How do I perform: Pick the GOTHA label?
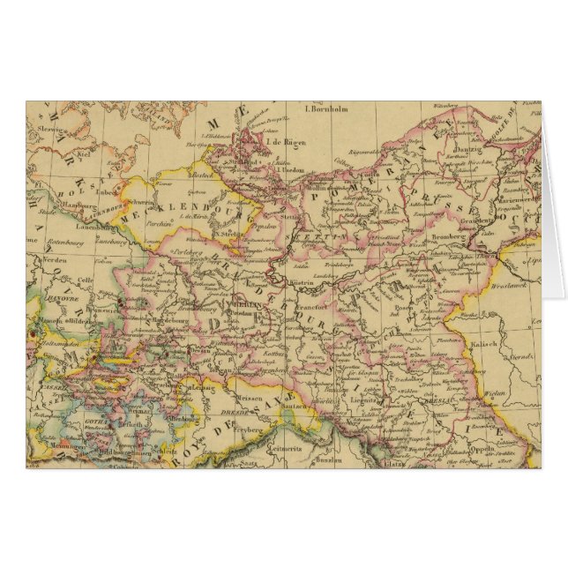pyautogui.click(x=71, y=422)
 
